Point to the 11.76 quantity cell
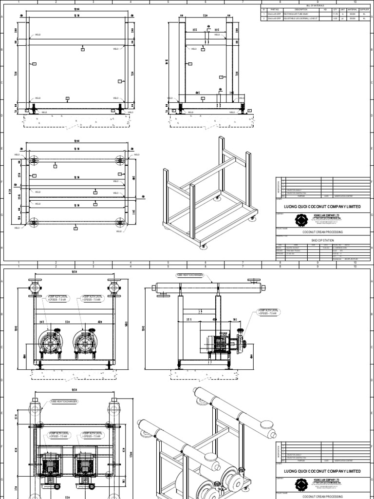tap(334, 15)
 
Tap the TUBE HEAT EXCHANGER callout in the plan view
tap(65, 402)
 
